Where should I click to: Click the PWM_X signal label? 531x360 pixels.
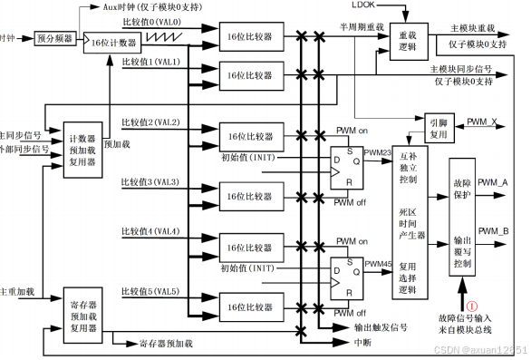[x=481, y=121]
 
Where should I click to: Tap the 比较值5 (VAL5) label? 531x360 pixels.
[x=150, y=291]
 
